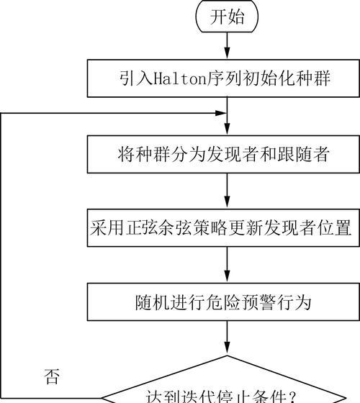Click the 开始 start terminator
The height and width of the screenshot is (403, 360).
coord(227,17)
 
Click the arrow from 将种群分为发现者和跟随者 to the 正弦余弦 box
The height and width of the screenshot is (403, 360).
coord(227,190)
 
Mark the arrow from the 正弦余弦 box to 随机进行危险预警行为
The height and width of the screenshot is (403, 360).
coord(227,265)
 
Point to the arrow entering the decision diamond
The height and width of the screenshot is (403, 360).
coord(227,338)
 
